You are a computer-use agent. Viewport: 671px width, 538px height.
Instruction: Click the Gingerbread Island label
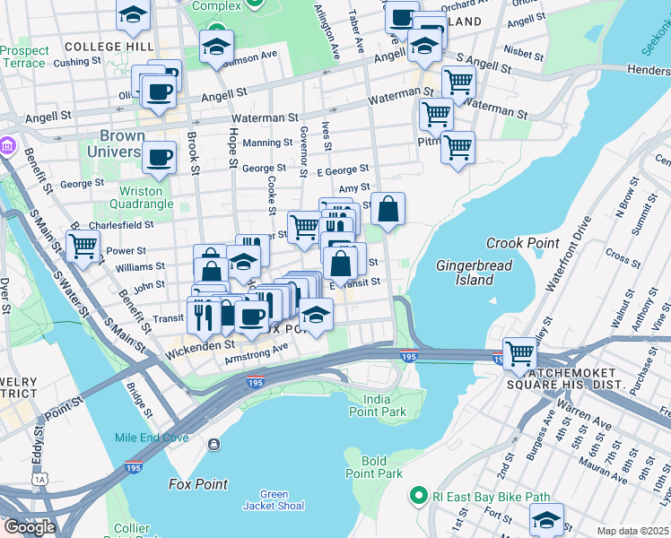point(466,273)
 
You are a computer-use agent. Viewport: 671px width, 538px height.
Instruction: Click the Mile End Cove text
point(152,438)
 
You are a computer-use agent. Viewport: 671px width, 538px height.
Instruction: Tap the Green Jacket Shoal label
point(274,499)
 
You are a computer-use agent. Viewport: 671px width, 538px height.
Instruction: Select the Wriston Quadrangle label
point(141,197)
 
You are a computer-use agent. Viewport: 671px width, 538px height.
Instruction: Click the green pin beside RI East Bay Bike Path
point(417,495)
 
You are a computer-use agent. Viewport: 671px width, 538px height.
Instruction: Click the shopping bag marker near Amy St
point(388,211)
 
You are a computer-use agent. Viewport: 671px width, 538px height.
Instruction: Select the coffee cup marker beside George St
point(160,157)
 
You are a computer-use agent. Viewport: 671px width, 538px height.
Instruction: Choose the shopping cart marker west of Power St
point(83,246)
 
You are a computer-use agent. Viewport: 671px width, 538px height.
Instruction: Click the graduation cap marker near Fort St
point(545,520)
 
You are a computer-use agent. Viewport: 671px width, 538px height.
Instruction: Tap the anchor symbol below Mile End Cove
point(213,445)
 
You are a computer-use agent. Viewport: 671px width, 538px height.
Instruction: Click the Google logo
point(30,526)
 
